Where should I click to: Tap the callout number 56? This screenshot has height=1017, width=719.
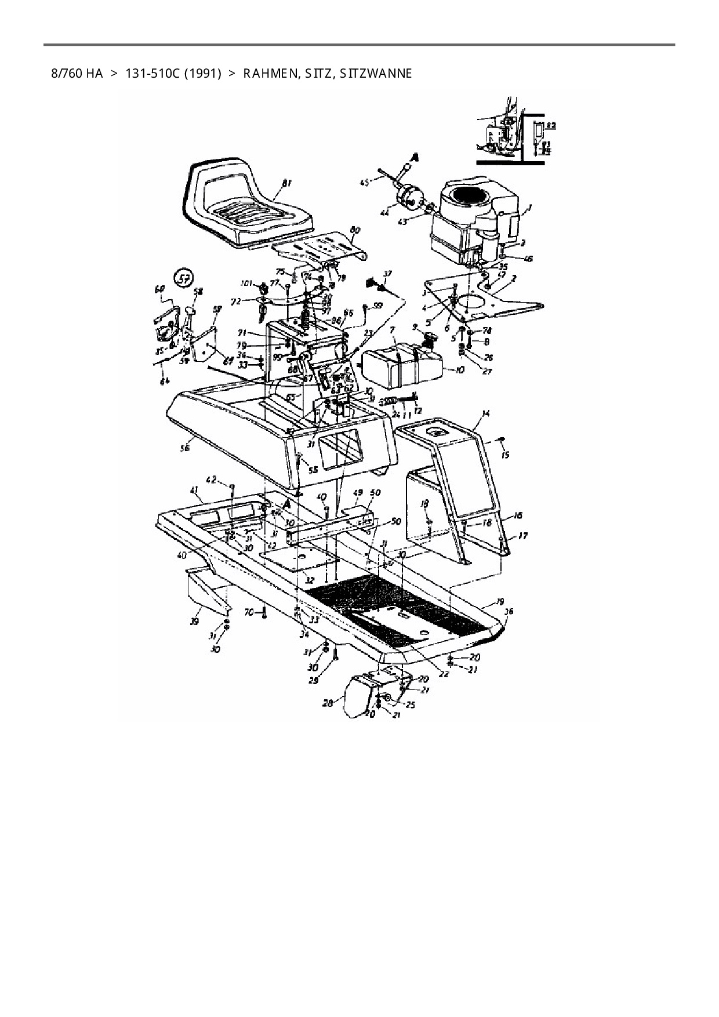coord(185,448)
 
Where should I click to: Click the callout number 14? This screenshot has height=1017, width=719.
coord(486,413)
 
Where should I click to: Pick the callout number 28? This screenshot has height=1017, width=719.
coord(328,703)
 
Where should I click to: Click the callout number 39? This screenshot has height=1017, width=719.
coord(195,622)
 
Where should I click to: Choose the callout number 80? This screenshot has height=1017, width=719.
coord(355,230)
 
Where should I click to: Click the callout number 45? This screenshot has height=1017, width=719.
coord(365,183)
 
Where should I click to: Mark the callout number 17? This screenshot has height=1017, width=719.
coord(522,537)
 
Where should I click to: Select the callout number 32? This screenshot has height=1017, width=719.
coord(310,580)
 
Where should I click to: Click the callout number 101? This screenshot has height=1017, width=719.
coord(246,284)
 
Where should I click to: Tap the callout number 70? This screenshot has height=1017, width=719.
coord(249,611)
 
